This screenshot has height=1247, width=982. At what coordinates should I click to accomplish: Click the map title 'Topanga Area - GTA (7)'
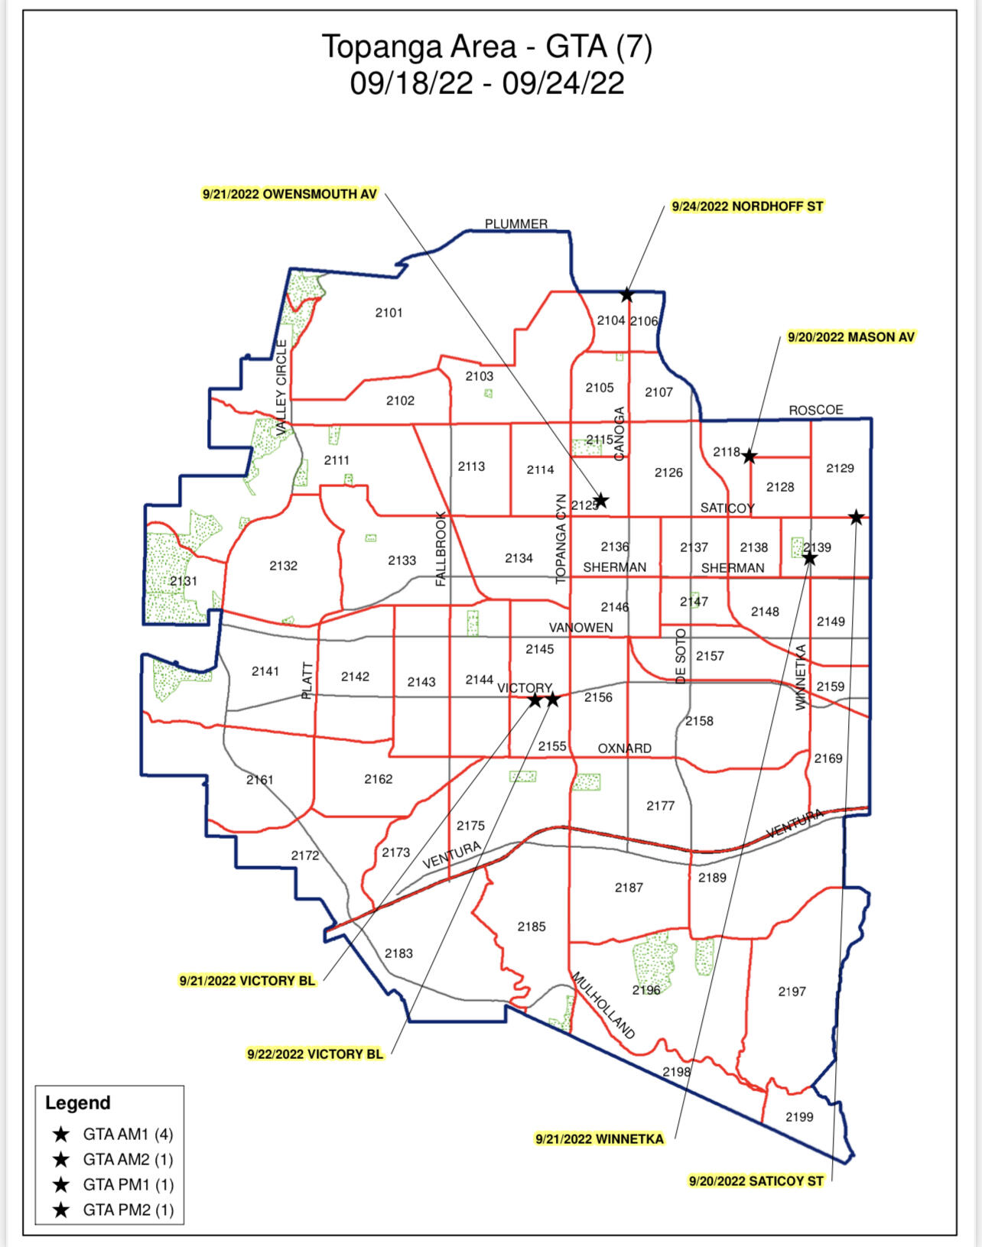coord(487,47)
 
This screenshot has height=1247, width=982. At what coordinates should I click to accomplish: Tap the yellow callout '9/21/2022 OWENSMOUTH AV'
coord(290,194)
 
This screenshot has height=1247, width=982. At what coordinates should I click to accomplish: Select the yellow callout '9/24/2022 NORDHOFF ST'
coord(747,206)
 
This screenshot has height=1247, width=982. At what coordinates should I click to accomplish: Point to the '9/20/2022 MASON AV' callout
coord(851,337)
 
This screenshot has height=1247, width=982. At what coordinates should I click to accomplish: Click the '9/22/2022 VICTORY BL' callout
coord(315,1054)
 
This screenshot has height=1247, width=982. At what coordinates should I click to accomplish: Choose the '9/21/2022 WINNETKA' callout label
coord(600,1139)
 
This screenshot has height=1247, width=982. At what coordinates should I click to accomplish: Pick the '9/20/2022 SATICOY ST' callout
coord(756,1181)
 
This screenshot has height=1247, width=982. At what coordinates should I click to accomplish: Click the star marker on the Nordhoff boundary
coord(626,294)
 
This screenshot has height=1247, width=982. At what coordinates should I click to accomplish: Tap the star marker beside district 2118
coord(750,456)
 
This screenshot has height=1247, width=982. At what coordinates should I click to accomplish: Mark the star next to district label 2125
coord(601,501)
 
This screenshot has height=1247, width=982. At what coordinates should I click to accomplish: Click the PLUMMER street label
coord(516,224)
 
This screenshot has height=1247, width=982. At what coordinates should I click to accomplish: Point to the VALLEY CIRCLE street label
coord(281,388)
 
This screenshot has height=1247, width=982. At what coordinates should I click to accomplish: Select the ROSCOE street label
coord(816,410)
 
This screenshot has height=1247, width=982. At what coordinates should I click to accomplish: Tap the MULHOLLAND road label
coord(603,1005)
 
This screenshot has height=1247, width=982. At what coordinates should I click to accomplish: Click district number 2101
coord(389,313)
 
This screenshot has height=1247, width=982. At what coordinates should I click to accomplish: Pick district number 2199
coord(799,1117)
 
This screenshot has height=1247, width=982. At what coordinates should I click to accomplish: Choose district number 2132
coord(283,566)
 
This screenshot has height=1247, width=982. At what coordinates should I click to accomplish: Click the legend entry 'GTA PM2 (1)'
coord(128,1210)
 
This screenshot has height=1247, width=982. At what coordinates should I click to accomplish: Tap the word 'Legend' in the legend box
coord(78,1103)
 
